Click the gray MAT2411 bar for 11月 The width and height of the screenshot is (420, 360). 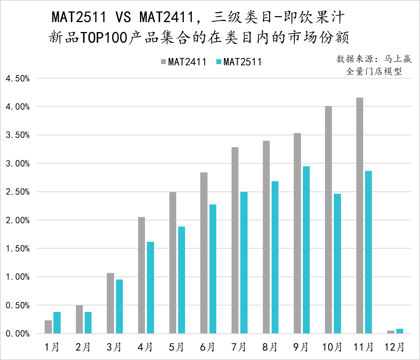coord(359,215)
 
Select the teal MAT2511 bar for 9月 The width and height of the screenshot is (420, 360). coord(306,250)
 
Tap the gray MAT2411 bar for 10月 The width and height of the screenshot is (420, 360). coord(328,220)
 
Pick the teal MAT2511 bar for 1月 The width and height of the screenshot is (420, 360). coord(57,323)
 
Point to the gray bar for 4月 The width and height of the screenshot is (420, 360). coord(142,275)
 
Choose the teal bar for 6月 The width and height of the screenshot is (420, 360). coord(213,269)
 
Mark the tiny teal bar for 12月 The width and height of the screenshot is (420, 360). coord(400,331)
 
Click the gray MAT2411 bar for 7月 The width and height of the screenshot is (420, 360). coord(235,240)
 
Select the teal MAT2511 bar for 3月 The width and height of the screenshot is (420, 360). coord(119,307)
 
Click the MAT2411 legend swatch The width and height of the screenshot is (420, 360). coord(163,62)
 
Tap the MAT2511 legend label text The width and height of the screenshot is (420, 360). coord(243,62)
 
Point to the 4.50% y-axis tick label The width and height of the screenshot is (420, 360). coord(18,79)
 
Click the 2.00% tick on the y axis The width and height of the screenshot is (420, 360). coord(18,220)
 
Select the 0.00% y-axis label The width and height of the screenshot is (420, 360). coord(18,334)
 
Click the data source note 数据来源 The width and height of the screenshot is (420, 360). coord(351,59)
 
